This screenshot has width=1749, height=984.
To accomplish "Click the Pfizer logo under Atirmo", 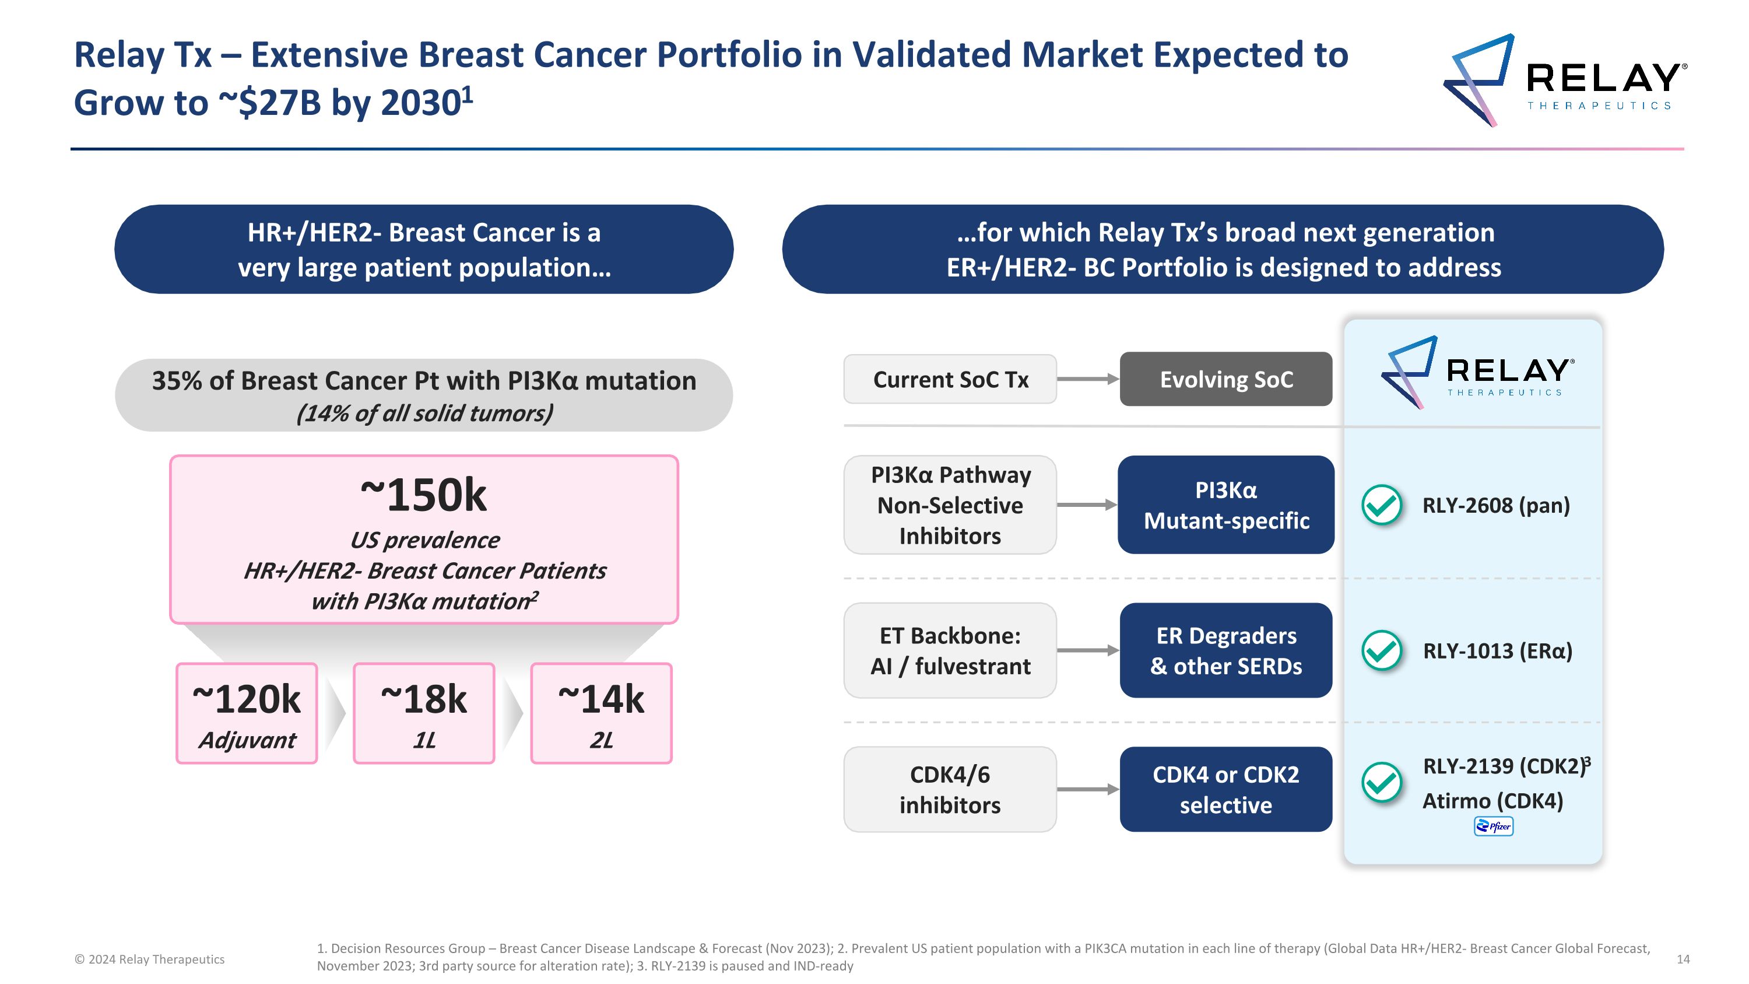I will pyautogui.click(x=1493, y=827).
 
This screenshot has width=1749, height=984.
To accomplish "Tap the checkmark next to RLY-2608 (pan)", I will pyautogui.click(x=1382, y=505).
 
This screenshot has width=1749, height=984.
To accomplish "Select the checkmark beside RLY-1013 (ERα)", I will pyautogui.click(x=1382, y=650).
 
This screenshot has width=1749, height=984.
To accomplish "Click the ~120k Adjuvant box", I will pyautogui.click(x=247, y=713).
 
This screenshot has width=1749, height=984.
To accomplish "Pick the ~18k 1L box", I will pyautogui.click(x=424, y=713).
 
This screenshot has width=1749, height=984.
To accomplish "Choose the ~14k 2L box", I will pyautogui.click(x=601, y=713).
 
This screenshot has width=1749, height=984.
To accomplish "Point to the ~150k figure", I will pyautogui.click(x=424, y=495).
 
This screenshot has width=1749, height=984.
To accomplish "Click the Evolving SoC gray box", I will pyautogui.click(x=1225, y=379).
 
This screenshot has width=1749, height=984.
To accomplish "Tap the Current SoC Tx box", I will pyautogui.click(x=950, y=379).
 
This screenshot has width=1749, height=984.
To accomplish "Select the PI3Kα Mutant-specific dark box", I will pyautogui.click(x=1225, y=505).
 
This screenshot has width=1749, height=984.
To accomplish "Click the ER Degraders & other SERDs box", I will pyautogui.click(x=1225, y=650).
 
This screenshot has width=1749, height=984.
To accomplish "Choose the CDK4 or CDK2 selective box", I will pyautogui.click(x=1225, y=789).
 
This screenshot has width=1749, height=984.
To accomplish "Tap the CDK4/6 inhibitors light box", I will pyautogui.click(x=950, y=789).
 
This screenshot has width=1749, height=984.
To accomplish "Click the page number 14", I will pyautogui.click(x=1683, y=959).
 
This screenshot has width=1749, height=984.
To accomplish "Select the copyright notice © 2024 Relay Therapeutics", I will pyautogui.click(x=149, y=959).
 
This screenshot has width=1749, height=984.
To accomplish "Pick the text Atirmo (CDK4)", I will pyautogui.click(x=1492, y=801).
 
